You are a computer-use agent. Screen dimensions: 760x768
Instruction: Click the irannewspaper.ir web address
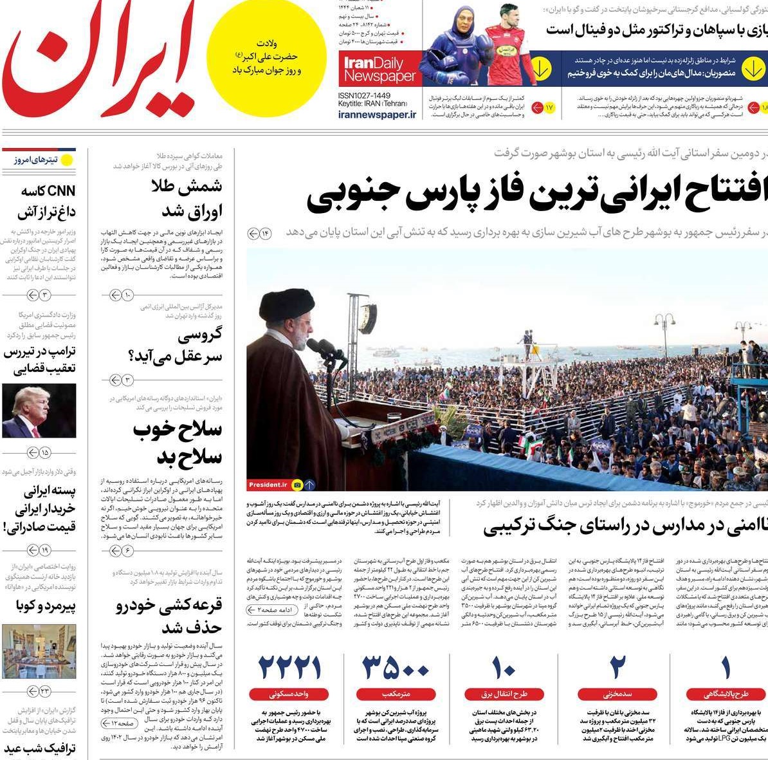click(x=377, y=115)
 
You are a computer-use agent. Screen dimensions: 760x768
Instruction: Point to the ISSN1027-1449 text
click(x=364, y=95)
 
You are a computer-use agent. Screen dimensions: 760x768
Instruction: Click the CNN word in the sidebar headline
click(x=62, y=191)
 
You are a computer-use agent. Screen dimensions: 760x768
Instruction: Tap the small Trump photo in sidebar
click(x=39, y=411)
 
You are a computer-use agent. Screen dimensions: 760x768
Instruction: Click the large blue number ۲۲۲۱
click(x=289, y=669)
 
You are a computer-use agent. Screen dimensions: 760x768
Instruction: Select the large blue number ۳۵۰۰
click(x=396, y=669)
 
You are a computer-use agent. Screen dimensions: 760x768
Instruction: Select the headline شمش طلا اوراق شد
click(x=187, y=198)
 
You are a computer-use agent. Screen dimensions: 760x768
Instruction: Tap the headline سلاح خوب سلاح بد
click(x=178, y=443)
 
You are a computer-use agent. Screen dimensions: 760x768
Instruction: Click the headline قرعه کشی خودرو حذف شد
click(x=169, y=616)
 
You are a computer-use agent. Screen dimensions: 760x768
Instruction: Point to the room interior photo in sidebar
click(x=39, y=651)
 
